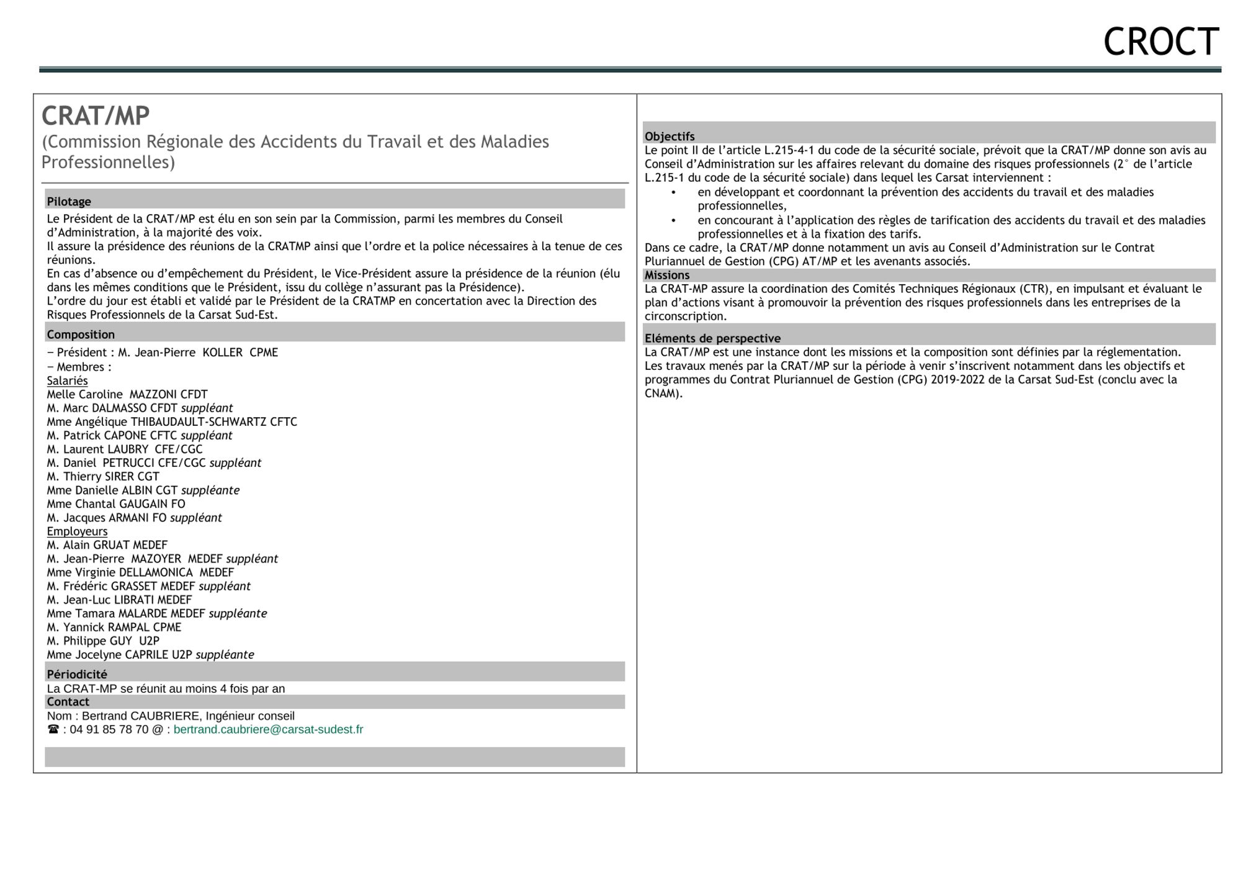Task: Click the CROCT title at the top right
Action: tap(1161, 42)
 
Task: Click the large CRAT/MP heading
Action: tap(96, 116)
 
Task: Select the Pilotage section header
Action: tap(69, 202)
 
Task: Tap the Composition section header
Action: tap(81, 335)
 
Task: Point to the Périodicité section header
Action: tap(77, 674)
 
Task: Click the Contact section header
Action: tap(68, 702)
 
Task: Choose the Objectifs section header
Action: tap(670, 137)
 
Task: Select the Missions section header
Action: tap(667, 275)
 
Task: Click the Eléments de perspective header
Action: tap(712, 338)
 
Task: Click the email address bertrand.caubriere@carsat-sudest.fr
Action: tap(268, 730)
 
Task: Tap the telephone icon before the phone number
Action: tap(53, 730)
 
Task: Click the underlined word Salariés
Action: tap(67, 380)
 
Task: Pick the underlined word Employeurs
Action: tap(77, 531)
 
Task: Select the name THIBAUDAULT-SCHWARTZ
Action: tap(199, 422)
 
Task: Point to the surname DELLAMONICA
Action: tap(156, 572)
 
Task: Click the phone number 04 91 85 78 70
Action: tap(109, 730)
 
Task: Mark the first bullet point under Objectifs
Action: tap(673, 192)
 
